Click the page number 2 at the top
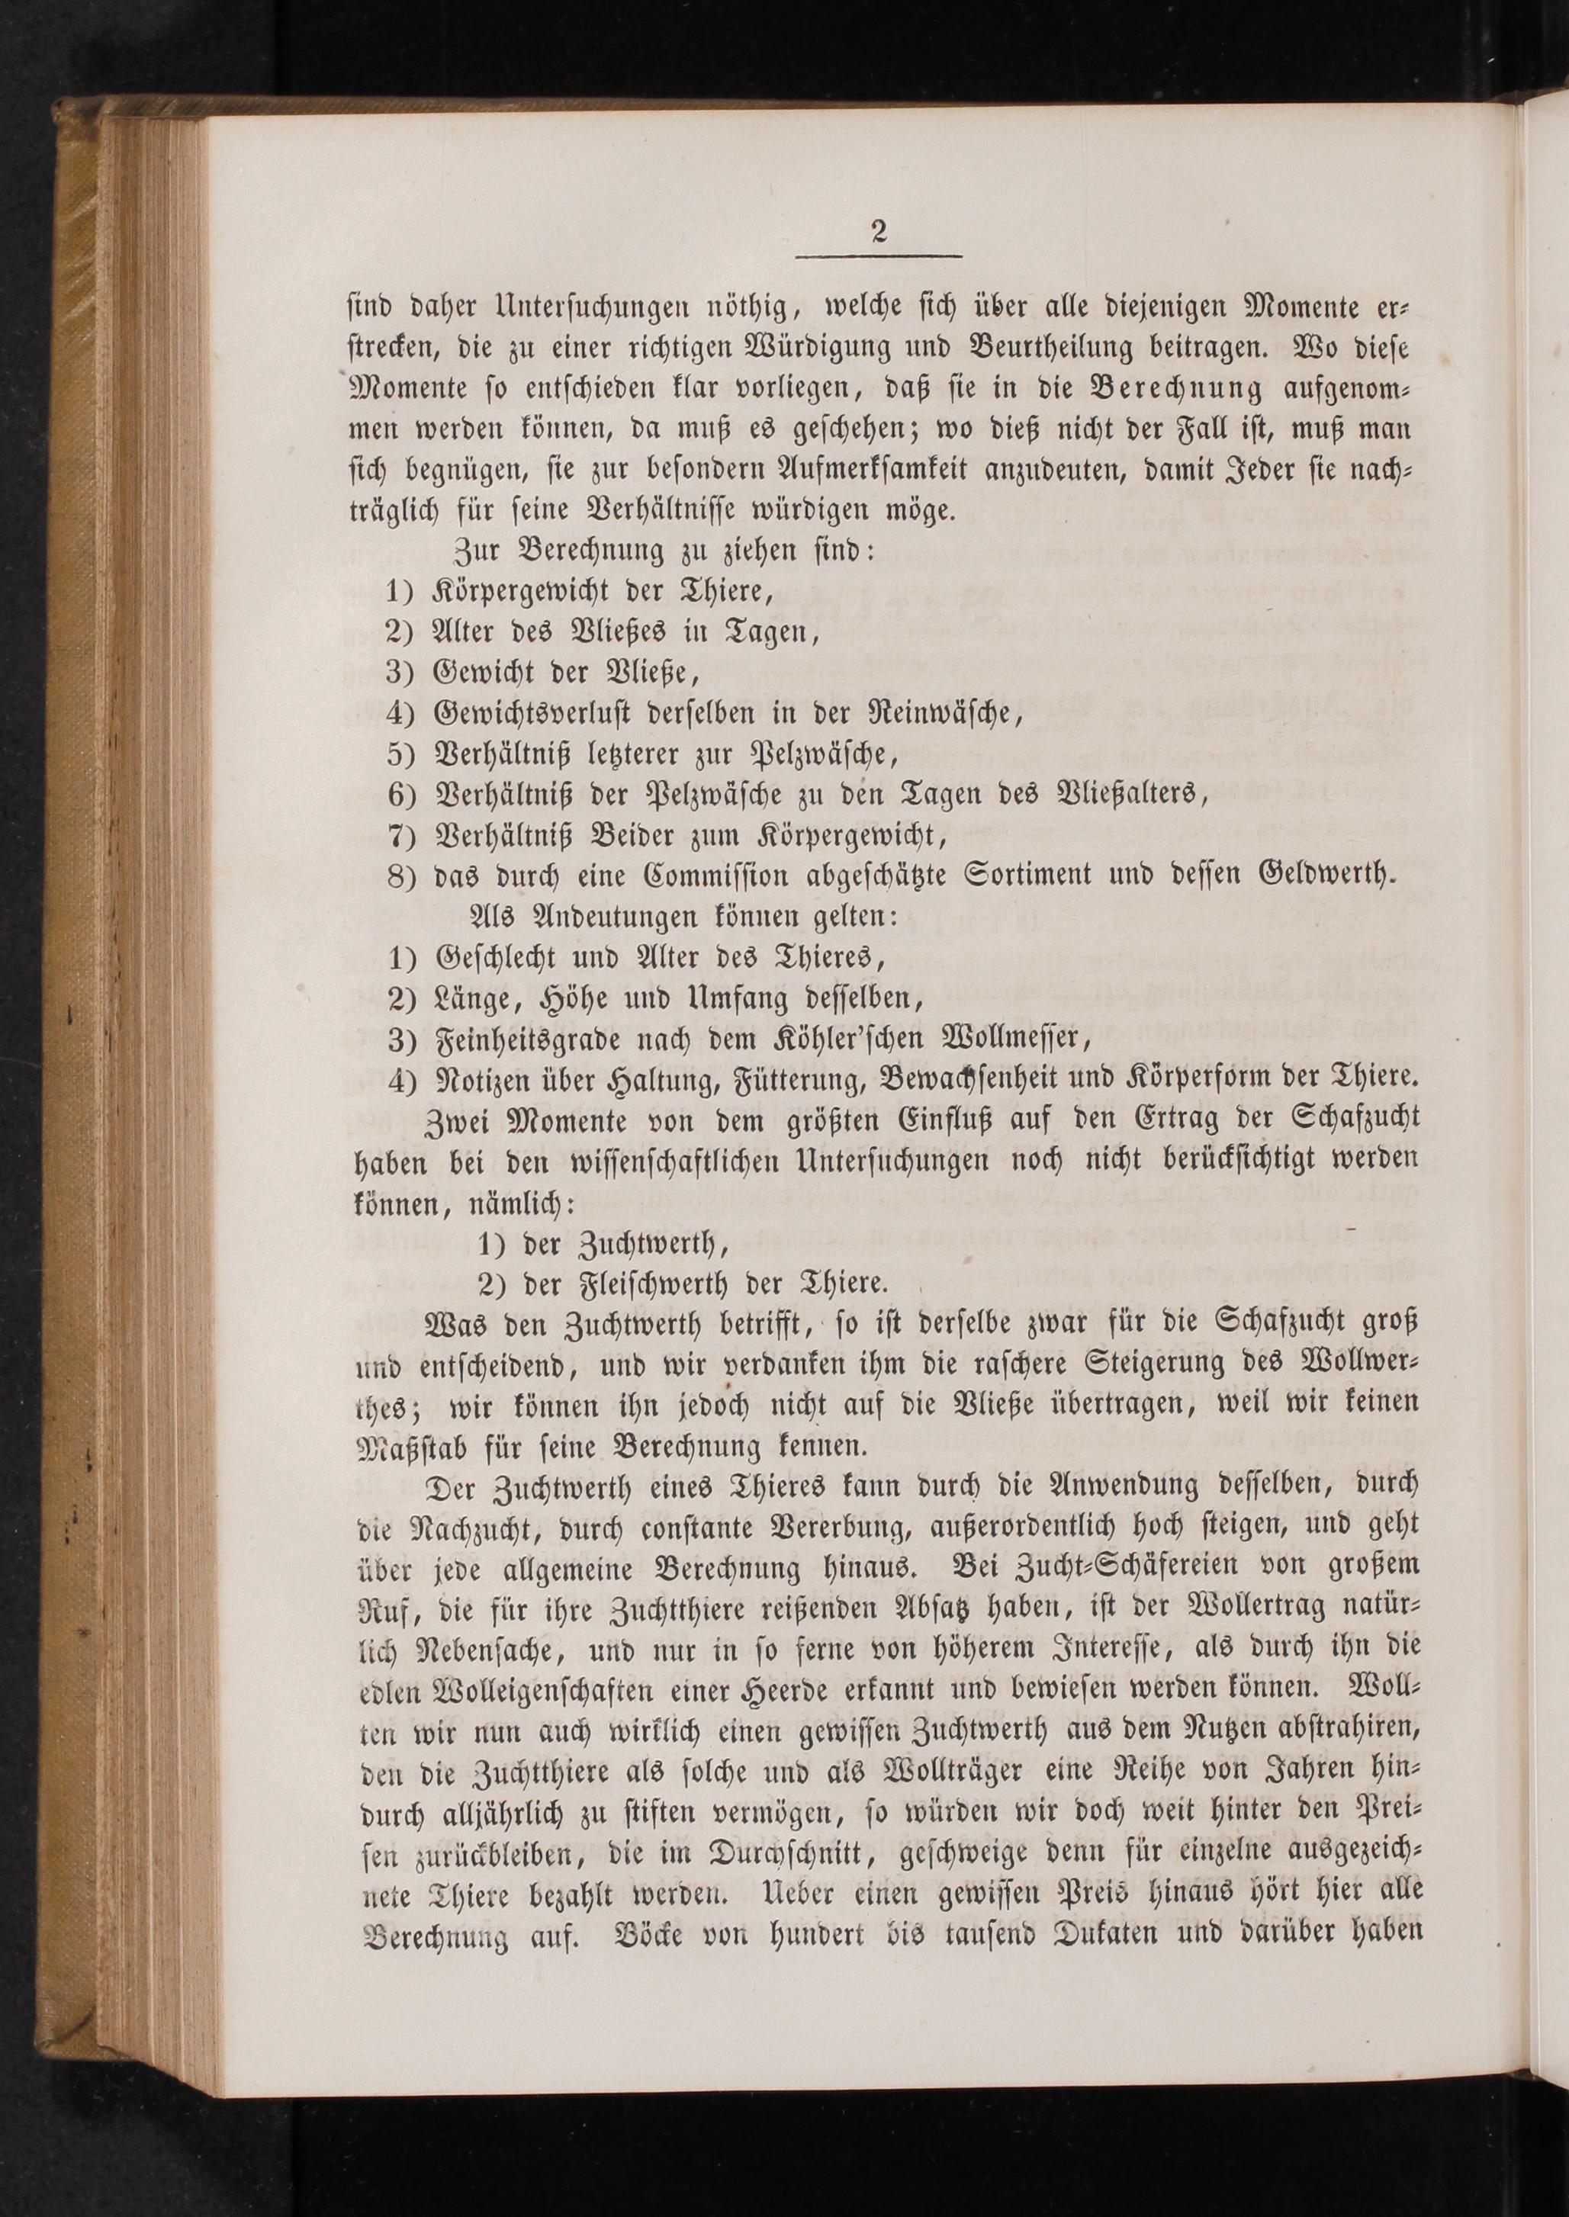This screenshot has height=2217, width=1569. pyautogui.click(x=878, y=231)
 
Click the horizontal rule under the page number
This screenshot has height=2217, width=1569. pyautogui.click(x=878, y=256)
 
